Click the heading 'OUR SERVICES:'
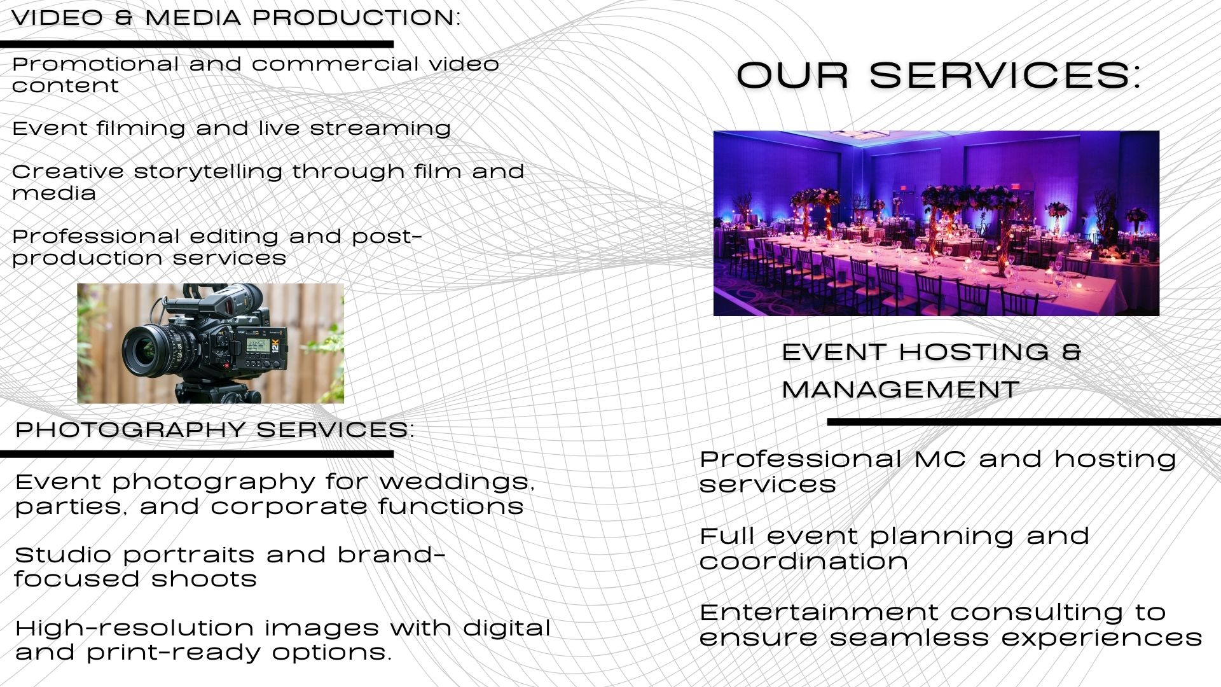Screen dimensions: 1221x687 [939, 75]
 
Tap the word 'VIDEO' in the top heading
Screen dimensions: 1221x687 [57, 18]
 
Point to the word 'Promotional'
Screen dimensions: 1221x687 [95, 64]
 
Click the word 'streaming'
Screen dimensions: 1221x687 [380, 129]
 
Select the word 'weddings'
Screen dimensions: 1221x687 [457, 483]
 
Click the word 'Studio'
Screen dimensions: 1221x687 [64, 555]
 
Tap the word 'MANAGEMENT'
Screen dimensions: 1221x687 [900, 389]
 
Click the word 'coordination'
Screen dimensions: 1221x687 [804, 562]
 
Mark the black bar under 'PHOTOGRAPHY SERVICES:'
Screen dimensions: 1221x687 [197, 454]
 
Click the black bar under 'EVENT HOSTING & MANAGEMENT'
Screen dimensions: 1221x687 [1024, 422]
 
